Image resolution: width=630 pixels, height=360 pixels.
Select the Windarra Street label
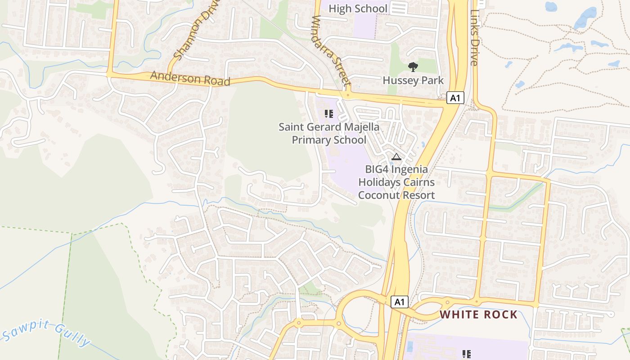click(x=331, y=51)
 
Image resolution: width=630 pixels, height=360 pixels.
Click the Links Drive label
click(x=474, y=38)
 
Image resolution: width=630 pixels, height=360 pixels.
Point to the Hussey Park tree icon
click(x=413, y=67)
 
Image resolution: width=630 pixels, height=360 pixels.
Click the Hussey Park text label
click(x=413, y=81)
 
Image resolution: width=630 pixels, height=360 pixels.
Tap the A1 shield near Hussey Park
click(x=455, y=98)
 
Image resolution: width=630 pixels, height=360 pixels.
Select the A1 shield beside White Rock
click(x=399, y=302)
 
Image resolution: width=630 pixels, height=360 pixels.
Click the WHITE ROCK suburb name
click(x=478, y=315)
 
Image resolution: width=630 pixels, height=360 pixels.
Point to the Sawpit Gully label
click(x=46, y=333)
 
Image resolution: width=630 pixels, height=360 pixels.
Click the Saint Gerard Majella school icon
click(x=328, y=113)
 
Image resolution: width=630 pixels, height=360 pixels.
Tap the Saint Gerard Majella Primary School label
click(x=328, y=134)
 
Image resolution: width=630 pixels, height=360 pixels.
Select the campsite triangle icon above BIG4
click(x=396, y=157)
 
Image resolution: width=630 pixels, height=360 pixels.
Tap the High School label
click(x=358, y=9)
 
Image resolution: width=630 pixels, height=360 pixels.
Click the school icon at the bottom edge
click(x=467, y=354)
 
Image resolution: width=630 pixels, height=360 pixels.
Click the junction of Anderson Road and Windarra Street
click(x=347, y=95)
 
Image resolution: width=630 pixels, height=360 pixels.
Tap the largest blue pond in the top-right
click(x=585, y=18)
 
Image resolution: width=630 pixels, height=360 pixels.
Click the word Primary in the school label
click(x=310, y=140)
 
